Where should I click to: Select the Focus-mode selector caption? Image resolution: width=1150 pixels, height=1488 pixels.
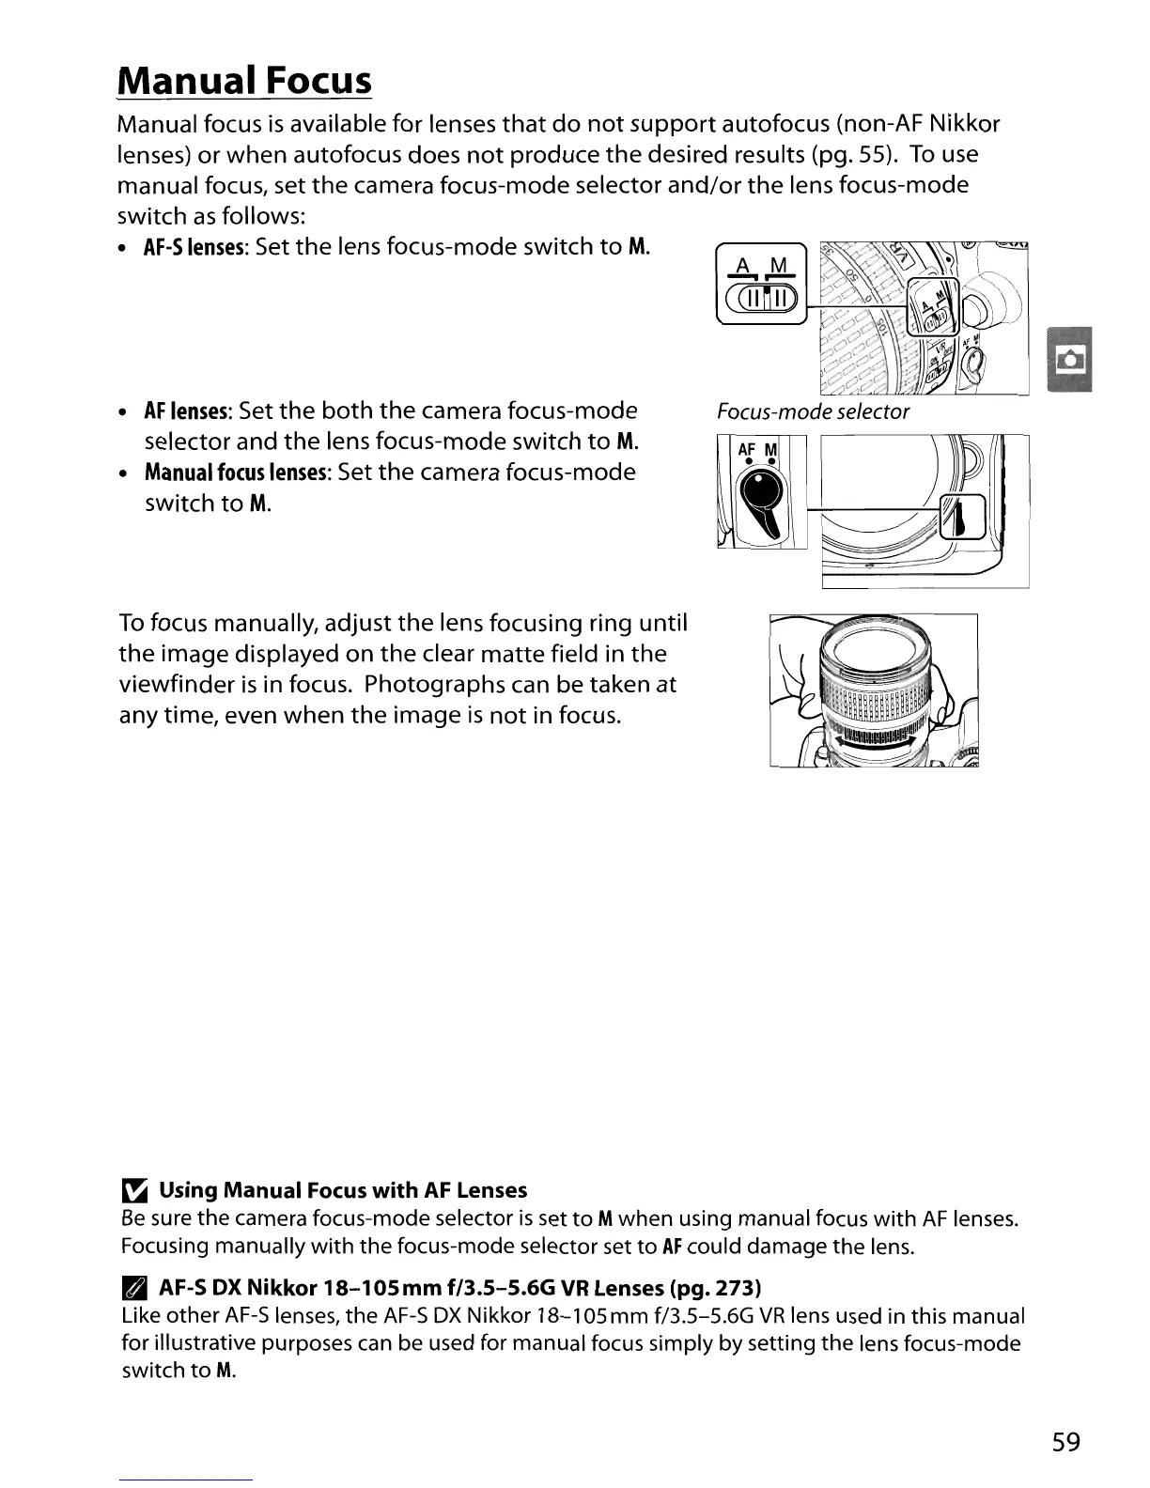[813, 412]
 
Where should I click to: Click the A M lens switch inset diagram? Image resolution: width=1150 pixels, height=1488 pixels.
[761, 284]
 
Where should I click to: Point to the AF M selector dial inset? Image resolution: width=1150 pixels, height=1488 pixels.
[761, 491]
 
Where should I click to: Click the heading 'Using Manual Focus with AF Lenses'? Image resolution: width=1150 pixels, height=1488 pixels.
[343, 1191]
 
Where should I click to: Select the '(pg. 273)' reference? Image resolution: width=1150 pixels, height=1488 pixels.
[712, 1286]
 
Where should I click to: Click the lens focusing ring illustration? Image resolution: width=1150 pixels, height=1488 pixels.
[874, 692]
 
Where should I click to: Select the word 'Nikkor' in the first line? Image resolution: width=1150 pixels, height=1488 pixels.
[968, 124]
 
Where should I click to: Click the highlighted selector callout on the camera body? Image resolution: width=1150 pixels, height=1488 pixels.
[960, 518]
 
